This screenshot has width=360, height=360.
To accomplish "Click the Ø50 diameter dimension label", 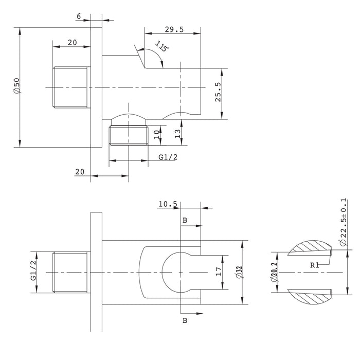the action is (x=17, y=86).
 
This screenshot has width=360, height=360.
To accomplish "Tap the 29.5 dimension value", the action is (x=174, y=30).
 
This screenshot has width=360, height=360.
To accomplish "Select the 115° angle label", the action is (x=161, y=46).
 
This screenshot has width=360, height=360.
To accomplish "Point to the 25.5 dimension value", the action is (x=218, y=92).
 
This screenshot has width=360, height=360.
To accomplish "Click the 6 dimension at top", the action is (x=79, y=16).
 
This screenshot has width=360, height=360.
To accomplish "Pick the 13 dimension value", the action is (x=177, y=134).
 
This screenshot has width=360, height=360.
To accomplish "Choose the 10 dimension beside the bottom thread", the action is (x=156, y=134).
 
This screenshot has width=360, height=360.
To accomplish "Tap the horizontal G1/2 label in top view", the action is (x=168, y=157).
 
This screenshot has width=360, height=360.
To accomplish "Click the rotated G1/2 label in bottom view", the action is (x=33, y=270).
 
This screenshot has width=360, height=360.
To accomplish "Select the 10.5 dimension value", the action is (x=168, y=204).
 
